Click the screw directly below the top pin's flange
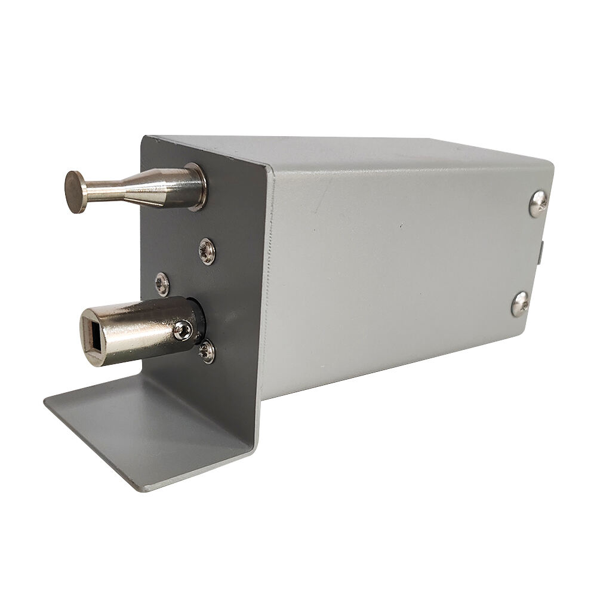(207, 251)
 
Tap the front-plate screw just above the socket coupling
(162, 284)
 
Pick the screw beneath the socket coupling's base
(207, 352)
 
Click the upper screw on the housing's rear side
(538, 204)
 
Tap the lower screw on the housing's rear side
(520, 304)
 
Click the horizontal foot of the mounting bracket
(149, 430)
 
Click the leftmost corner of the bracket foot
(45, 401)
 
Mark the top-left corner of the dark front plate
(143, 138)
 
